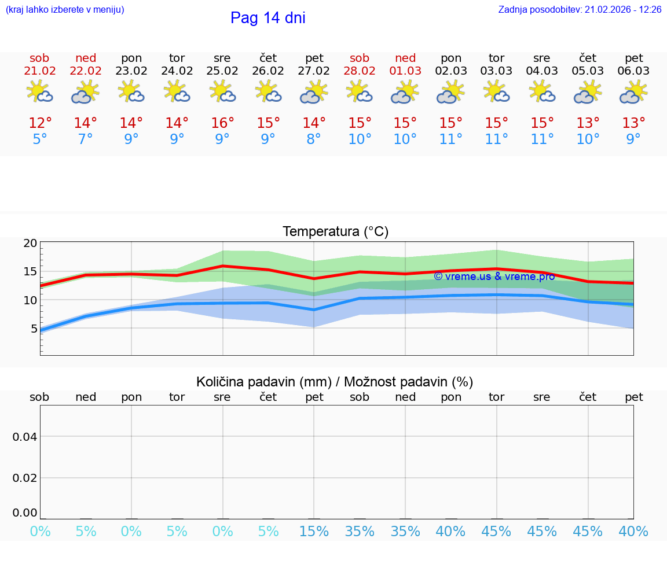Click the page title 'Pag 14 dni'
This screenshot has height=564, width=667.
(x=267, y=18)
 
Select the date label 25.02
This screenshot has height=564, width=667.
(x=222, y=71)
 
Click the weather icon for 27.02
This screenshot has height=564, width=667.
(x=314, y=92)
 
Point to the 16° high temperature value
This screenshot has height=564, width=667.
(x=222, y=123)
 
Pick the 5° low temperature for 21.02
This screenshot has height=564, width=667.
(x=40, y=139)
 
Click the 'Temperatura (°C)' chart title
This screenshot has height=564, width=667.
(x=335, y=232)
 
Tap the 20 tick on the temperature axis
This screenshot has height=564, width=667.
(x=30, y=244)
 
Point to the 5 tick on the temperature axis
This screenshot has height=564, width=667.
(x=34, y=329)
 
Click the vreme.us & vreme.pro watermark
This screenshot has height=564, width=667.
(x=494, y=277)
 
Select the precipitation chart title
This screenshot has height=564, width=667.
(x=335, y=382)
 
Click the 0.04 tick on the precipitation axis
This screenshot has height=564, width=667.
(x=25, y=437)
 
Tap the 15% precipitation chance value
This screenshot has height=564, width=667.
(x=314, y=532)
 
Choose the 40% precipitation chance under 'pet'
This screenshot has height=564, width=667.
(x=633, y=532)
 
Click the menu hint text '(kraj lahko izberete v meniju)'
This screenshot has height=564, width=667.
(x=65, y=9)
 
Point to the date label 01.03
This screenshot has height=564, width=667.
(x=405, y=71)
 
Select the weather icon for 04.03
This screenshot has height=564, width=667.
(x=542, y=92)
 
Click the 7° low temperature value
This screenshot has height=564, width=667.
(x=86, y=139)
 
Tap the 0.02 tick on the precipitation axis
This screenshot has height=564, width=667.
(x=25, y=478)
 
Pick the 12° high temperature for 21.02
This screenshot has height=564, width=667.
(x=40, y=123)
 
